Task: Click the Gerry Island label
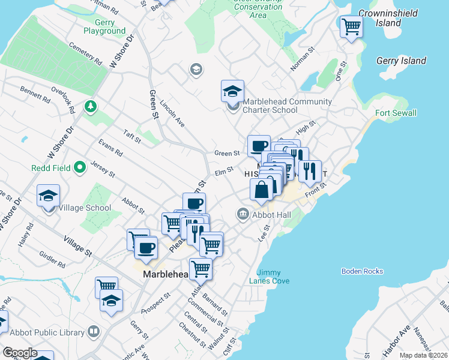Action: [401, 61]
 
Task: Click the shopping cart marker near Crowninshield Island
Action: [351, 26]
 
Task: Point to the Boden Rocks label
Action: [362, 271]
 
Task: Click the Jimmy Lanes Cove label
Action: [273, 277]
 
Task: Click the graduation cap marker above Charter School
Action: [232, 91]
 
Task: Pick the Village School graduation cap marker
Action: [48, 196]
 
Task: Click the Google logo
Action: [19, 353]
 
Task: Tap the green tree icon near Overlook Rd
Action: [91, 106]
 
